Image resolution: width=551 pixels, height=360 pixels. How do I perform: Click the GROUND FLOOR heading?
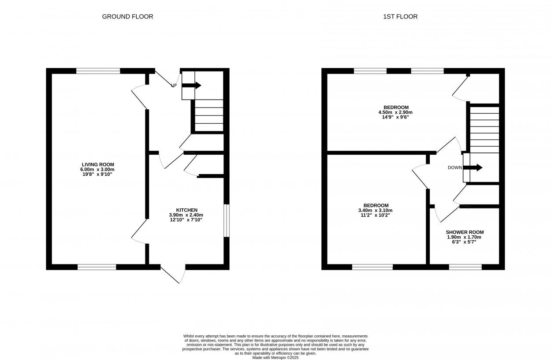pyautogui.click(x=127, y=16)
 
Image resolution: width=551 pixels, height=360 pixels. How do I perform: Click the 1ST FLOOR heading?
pyautogui.click(x=400, y=16)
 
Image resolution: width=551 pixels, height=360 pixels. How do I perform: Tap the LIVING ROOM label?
pyautogui.click(x=98, y=164)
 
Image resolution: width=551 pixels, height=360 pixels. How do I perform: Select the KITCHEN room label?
pyautogui.click(x=187, y=210)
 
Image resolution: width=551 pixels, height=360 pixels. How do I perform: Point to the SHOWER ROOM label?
pyautogui.click(x=465, y=232)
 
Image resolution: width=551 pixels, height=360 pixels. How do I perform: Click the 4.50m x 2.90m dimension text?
pyautogui.click(x=395, y=112)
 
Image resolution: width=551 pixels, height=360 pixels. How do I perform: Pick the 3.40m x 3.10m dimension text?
pyautogui.click(x=376, y=211)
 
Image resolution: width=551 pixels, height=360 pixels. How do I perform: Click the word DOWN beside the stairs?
pyautogui.click(x=455, y=168)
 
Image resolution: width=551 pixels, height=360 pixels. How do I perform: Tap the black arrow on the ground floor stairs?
pyautogui.click(x=191, y=85)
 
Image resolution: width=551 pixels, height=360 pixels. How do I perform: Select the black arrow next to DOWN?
pyautogui.click(x=473, y=167)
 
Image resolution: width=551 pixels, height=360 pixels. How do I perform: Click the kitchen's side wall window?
pyautogui.click(x=226, y=221)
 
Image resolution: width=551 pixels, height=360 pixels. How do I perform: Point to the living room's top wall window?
pyautogui.click(x=98, y=71)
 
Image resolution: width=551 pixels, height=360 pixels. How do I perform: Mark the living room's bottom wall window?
pyautogui.click(x=97, y=267)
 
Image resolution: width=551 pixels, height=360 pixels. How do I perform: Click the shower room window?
pyautogui.click(x=465, y=267)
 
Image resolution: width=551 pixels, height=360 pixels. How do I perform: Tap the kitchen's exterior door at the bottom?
pyautogui.click(x=173, y=274)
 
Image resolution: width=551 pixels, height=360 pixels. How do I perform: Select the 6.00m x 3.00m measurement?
pyautogui.click(x=97, y=170)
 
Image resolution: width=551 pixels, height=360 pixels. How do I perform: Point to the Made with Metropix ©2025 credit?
pyautogui.click(x=275, y=358)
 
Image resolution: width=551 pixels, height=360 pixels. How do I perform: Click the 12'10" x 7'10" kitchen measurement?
pyautogui.click(x=186, y=220)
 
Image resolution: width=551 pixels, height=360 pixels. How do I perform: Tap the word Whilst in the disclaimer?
pyautogui.click(x=189, y=336)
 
